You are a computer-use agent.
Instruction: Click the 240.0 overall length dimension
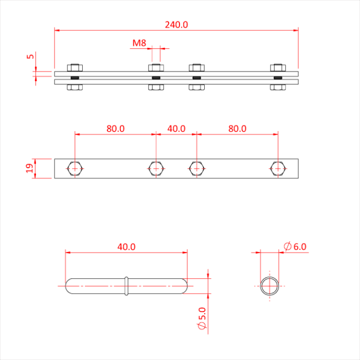176,24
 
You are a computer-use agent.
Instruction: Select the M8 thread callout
139,43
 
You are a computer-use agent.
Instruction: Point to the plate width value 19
30,168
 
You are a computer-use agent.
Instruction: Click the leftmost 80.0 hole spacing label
116,129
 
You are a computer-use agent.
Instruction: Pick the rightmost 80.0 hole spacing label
237,129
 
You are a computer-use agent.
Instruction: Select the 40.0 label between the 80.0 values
176,129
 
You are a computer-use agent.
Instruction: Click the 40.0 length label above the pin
127,247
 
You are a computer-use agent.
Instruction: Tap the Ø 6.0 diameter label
295,246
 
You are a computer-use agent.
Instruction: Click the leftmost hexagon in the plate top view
75,168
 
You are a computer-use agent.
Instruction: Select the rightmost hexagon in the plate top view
278,168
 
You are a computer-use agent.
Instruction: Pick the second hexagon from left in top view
156,168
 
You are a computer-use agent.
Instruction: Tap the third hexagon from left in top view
196,168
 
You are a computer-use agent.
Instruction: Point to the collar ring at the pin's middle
127,286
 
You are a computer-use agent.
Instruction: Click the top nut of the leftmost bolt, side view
75,67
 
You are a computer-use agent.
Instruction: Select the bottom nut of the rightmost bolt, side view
278,87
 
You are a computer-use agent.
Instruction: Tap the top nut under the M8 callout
156,67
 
